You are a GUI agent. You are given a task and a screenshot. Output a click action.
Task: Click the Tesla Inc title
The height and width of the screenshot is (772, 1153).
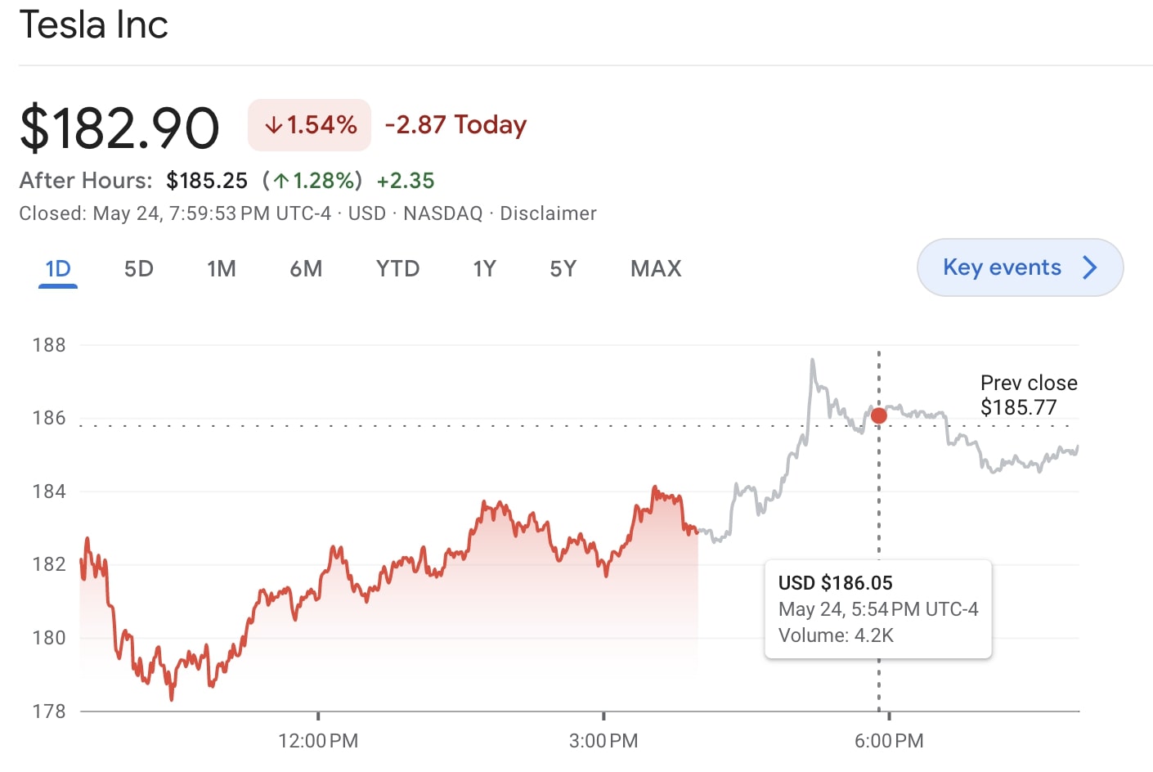[x=93, y=25]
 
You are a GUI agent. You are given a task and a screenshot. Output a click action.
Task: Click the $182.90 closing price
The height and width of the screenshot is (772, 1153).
[x=119, y=128]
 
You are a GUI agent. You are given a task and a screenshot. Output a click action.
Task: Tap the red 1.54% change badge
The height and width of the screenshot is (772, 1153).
[x=309, y=125]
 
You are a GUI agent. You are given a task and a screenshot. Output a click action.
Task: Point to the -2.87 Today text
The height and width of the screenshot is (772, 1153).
[x=455, y=125]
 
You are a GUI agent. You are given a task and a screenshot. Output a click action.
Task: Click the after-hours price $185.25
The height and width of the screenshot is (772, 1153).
[x=206, y=181]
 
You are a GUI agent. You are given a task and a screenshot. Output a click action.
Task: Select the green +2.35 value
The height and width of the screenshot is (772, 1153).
[x=406, y=181]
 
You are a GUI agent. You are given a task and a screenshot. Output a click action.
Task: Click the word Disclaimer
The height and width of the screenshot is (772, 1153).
[x=548, y=213]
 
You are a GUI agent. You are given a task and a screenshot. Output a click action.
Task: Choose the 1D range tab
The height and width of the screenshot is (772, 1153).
[x=58, y=268]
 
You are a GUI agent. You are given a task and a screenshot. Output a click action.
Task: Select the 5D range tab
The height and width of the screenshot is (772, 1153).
[x=138, y=268]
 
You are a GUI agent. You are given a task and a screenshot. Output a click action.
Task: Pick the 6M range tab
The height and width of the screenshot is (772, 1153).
[x=306, y=268]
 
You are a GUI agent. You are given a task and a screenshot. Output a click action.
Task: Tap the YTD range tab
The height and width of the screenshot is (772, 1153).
[x=397, y=268]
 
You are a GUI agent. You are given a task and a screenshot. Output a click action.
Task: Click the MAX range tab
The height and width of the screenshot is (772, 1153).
[x=656, y=268]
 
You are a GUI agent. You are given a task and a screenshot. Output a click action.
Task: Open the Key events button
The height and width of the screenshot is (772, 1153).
[x=1020, y=267]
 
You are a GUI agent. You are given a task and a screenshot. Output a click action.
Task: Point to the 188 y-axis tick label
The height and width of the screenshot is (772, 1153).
[x=49, y=345]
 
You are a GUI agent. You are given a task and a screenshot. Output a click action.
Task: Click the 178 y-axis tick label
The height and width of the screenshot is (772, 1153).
[x=49, y=711]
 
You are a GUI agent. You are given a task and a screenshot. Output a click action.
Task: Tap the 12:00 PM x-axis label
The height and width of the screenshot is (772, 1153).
[x=318, y=741]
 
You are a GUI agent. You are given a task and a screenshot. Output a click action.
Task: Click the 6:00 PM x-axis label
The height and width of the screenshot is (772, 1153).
[x=889, y=741]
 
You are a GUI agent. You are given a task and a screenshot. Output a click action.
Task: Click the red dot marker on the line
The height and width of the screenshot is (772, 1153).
[x=879, y=415]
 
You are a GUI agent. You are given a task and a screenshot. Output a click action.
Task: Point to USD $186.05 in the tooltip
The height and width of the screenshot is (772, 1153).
[x=835, y=583]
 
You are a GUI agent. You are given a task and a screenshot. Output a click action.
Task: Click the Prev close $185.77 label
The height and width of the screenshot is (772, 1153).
[x=1028, y=395]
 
